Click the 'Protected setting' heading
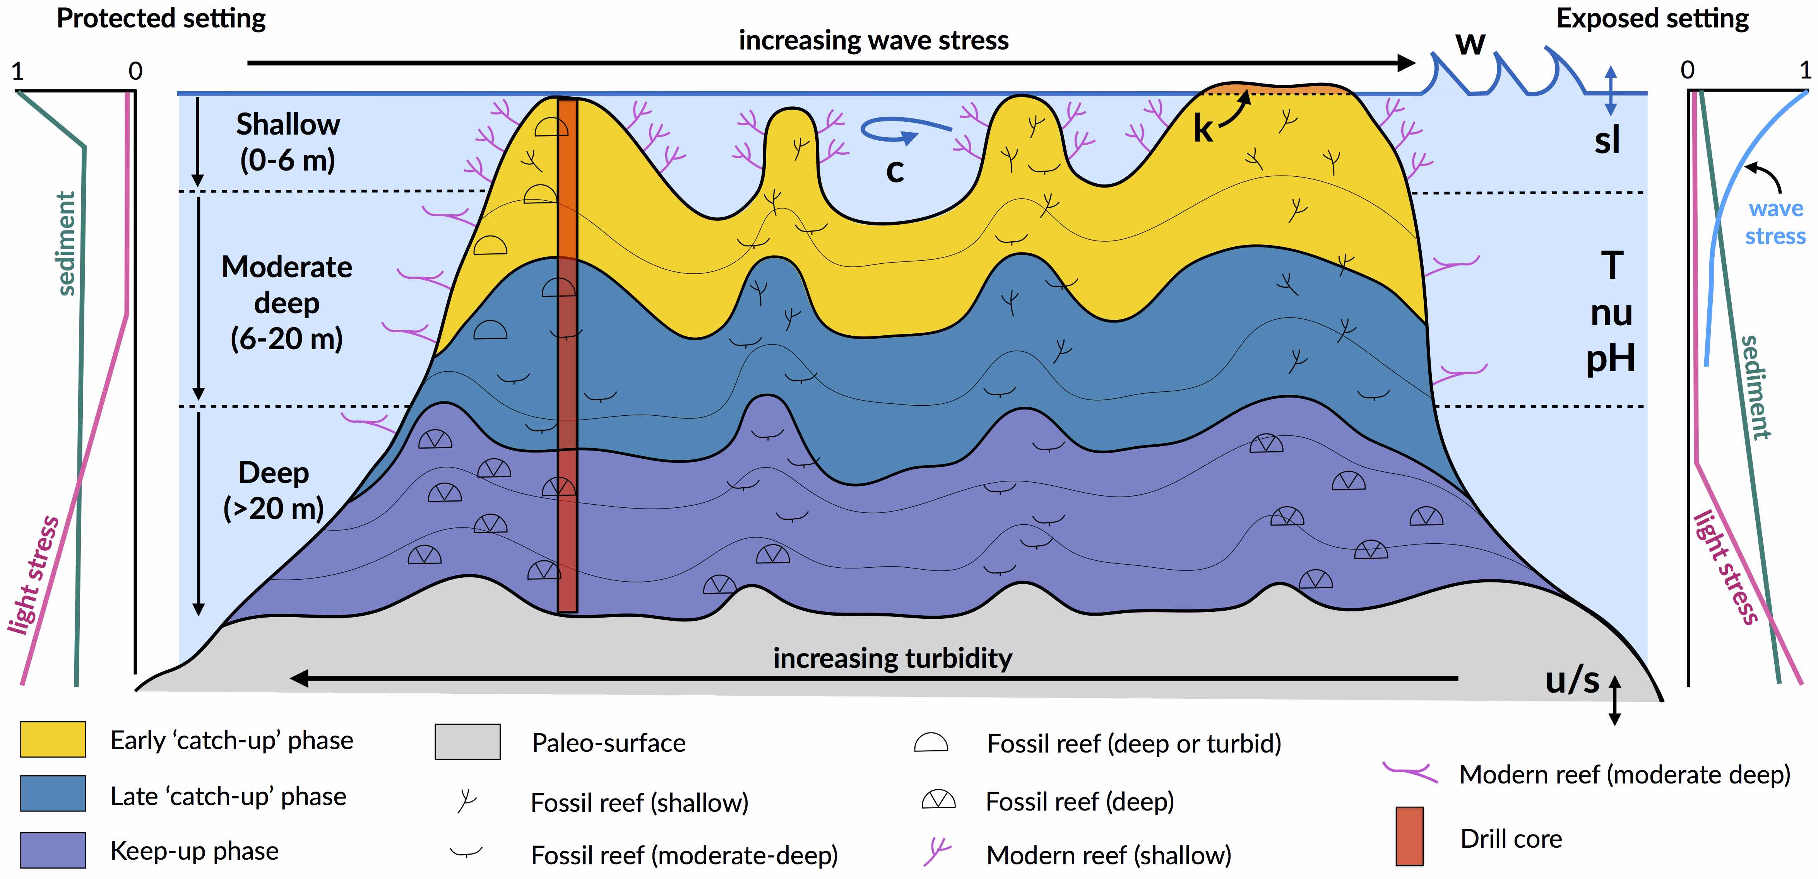point(161,18)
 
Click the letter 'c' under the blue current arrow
point(895,171)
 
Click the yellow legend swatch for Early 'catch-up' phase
point(53,739)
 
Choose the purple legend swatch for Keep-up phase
point(53,850)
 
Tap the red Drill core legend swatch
point(1409,836)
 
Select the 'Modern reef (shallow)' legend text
point(1108,855)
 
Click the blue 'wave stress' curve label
point(1775,222)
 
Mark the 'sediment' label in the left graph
point(65,243)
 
